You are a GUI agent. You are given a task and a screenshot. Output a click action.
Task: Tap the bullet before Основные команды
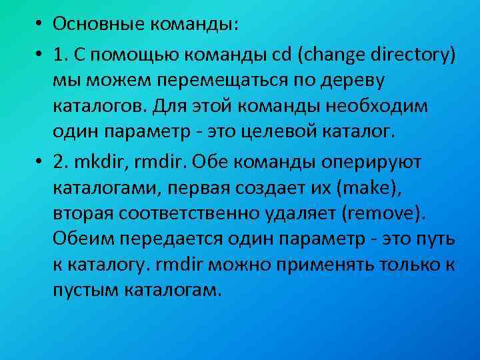coord(40,25)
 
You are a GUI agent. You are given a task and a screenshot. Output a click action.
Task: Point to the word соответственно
coord(201,214)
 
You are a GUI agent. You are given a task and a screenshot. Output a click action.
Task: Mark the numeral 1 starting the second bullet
coord(58,55)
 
